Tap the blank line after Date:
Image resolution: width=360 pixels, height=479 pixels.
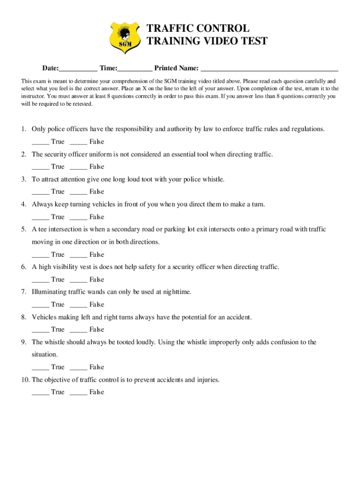coord(78,69)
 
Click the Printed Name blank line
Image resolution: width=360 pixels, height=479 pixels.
coord(269,69)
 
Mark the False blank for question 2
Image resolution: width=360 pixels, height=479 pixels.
coord(78,167)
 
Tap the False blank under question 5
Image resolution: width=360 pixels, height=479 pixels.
coord(78,255)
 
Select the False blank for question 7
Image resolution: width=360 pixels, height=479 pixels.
coord(78,305)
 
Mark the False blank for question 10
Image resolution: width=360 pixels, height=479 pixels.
coord(78,392)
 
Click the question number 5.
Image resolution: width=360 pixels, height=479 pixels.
coord(23,229)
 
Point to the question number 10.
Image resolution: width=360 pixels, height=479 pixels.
coord(25,380)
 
